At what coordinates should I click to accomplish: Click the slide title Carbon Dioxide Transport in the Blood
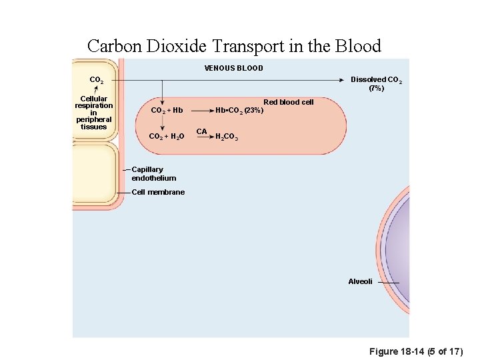point(234,46)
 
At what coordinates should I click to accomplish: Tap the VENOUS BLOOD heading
point(233,68)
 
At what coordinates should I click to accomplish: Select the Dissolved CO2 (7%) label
point(376,83)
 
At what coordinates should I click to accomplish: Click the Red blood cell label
point(288,102)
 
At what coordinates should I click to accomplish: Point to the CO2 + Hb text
point(167,110)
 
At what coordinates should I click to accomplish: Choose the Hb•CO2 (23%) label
point(239,110)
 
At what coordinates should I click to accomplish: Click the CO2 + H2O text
point(166,136)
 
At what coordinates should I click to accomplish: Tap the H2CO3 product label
point(227,137)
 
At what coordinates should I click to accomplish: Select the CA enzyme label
point(201,131)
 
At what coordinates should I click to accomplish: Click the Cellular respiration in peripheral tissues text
point(94,113)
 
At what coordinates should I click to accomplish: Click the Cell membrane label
point(158,192)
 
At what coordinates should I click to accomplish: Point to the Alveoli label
point(360,281)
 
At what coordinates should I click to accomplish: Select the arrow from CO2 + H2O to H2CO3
point(200,137)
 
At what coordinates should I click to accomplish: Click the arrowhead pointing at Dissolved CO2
point(343,80)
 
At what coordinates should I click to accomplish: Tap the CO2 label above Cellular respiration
point(96,80)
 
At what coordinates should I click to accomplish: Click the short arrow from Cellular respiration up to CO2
point(96,89)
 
